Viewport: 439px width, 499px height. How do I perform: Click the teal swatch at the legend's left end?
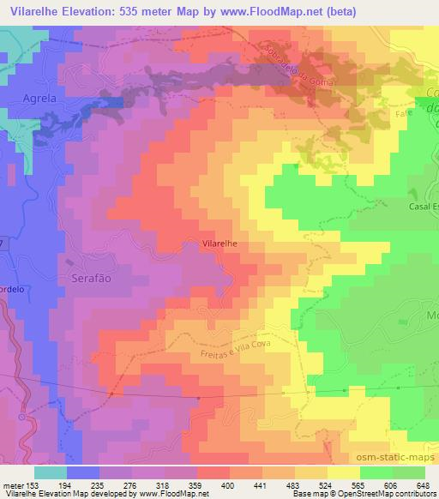click(51, 472)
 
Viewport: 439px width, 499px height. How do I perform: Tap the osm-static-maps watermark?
click(400, 460)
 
